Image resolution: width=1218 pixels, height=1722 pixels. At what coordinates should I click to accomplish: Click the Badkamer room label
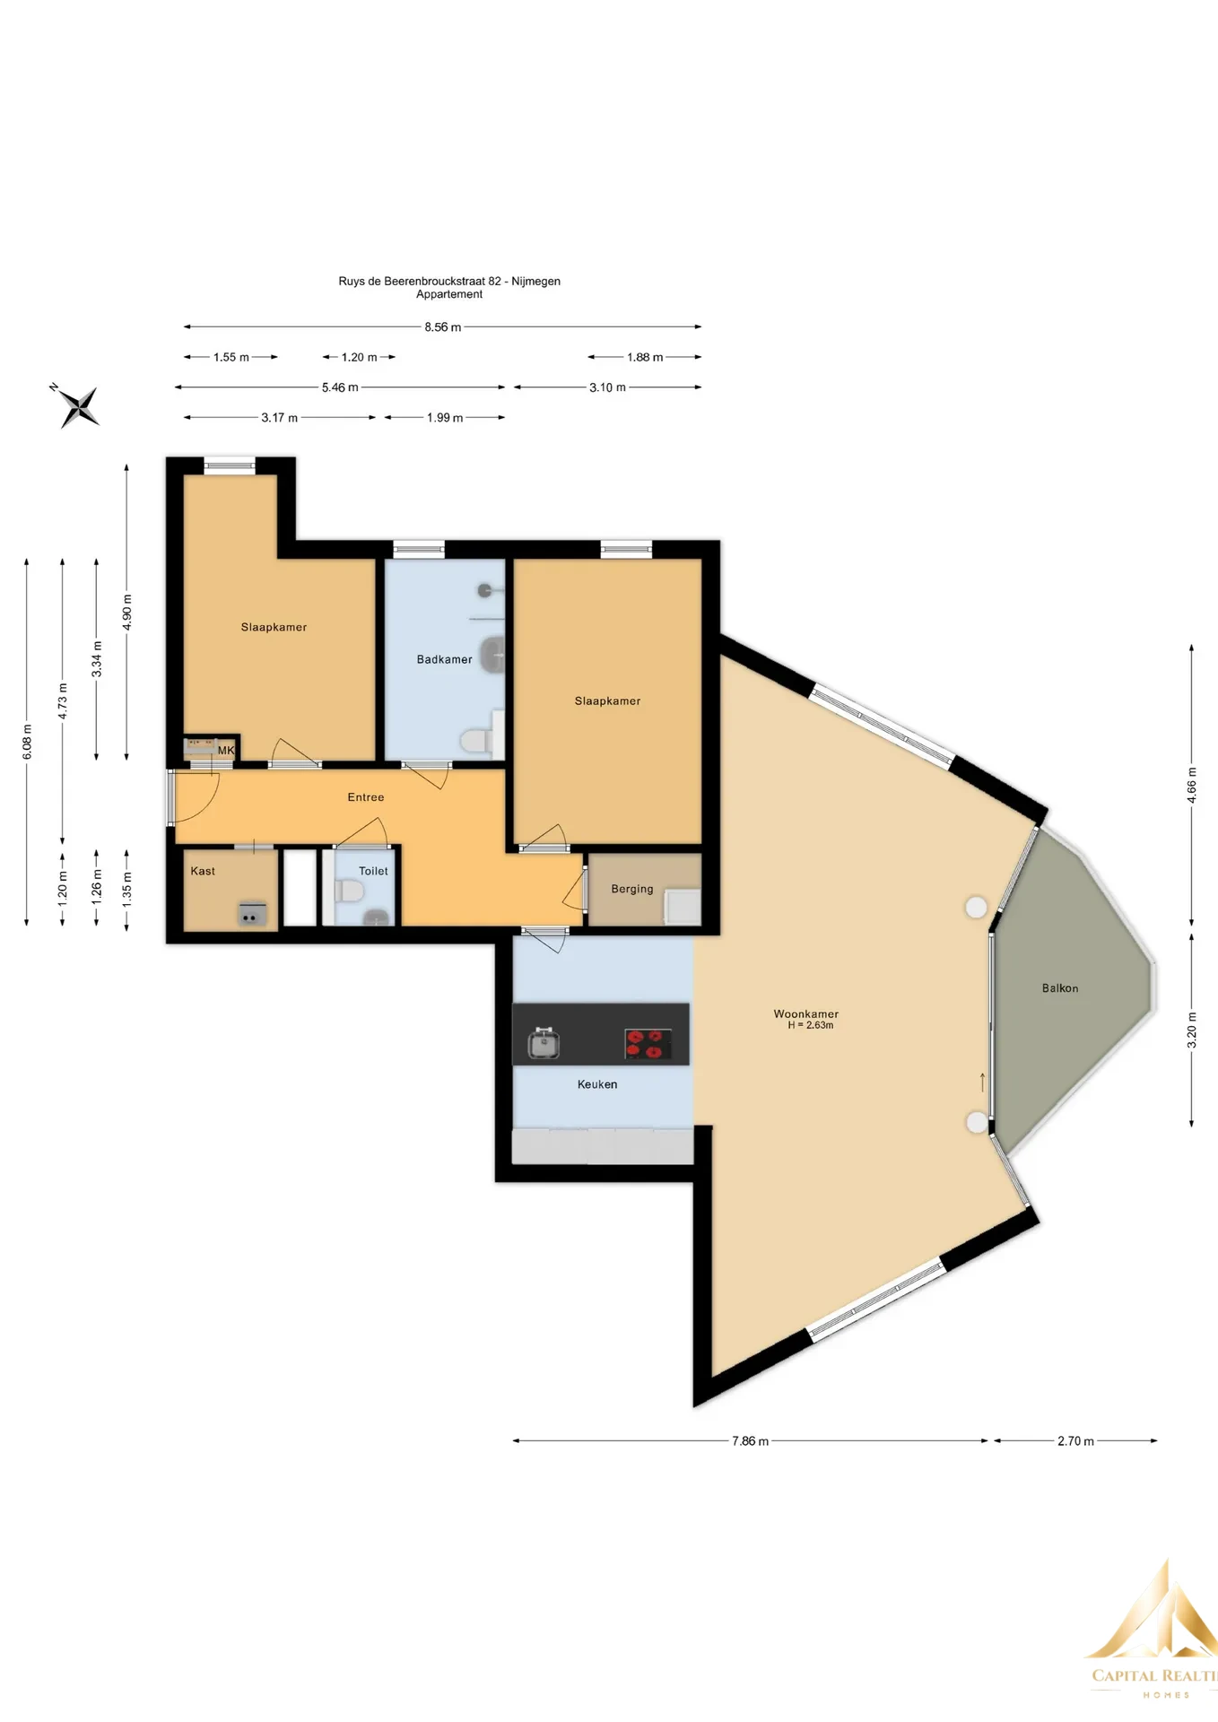[x=444, y=659]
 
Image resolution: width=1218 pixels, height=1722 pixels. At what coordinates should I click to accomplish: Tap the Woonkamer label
[x=805, y=1013]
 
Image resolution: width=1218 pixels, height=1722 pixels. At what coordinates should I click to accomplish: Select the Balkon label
[x=1060, y=987]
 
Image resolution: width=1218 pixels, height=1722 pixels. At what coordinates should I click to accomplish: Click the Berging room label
[x=632, y=889]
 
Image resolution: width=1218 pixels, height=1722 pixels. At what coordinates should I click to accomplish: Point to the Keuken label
[x=597, y=1083]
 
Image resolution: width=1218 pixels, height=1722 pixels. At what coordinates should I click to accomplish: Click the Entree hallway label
[x=366, y=796]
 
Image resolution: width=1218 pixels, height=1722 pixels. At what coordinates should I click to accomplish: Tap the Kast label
[x=203, y=870]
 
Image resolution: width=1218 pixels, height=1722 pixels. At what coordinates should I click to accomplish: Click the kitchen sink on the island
[x=544, y=1044]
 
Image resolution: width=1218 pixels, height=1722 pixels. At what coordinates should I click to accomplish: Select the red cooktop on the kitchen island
[x=648, y=1044]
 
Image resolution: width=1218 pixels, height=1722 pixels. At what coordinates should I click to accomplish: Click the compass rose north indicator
[x=78, y=405]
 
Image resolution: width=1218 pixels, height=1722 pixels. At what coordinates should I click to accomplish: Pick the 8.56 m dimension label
[x=443, y=327]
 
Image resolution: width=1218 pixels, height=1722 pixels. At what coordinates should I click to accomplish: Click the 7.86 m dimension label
[x=751, y=1440]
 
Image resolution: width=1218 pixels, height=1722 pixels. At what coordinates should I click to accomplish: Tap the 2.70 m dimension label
[x=1075, y=1440]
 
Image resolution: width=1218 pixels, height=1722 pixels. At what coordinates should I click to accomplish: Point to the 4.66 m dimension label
[x=1191, y=785]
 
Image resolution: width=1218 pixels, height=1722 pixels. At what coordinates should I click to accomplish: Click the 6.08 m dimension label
[x=27, y=742]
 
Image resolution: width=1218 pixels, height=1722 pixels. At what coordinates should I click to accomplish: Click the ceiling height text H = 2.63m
[x=811, y=1025]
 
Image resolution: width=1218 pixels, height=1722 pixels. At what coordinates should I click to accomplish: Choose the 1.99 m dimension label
[x=445, y=418]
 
